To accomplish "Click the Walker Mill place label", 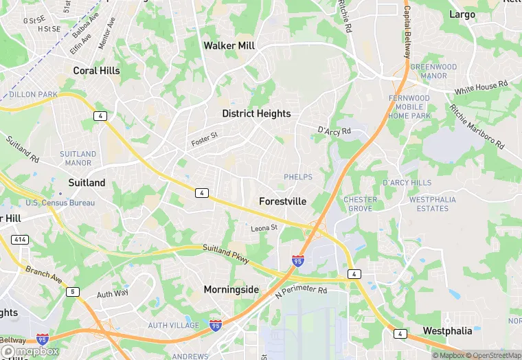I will click(x=229, y=45).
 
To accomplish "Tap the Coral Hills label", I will click(x=96, y=70).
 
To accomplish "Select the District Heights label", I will click(x=256, y=113).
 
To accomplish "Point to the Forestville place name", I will click(x=282, y=201).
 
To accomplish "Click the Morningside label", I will click(x=231, y=289).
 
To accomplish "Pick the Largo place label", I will click(x=462, y=14).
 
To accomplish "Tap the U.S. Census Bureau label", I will click(x=60, y=203).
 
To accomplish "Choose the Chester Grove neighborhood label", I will click(x=360, y=204).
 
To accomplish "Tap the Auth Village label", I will click(x=173, y=325).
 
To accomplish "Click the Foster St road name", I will click(x=204, y=139).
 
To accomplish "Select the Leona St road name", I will click(x=264, y=227).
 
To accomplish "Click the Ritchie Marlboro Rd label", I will click(x=477, y=127).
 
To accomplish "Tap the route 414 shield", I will click(x=19, y=239).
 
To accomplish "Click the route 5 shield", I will click(x=71, y=292).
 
